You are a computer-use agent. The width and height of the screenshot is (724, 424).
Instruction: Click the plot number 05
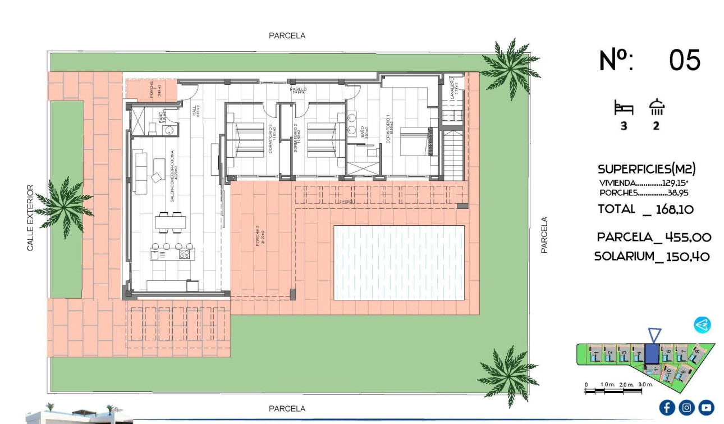tap(685, 60)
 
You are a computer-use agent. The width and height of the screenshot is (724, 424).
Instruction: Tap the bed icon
tap(624, 107)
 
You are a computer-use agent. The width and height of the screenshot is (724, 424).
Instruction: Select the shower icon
tap(656, 107)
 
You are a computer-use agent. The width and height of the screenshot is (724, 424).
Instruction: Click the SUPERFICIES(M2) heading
tap(647, 169)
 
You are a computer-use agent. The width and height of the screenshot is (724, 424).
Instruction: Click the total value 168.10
tap(675, 209)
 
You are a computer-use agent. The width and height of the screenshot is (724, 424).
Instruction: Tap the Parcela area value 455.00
tap(688, 237)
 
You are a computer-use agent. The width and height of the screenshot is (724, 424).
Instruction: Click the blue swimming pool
tap(398, 262)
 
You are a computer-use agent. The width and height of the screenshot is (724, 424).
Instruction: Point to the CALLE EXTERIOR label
tap(30, 218)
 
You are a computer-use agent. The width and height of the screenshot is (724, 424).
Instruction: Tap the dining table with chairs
tap(169, 222)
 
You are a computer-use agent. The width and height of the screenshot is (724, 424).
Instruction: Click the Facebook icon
tap(667, 407)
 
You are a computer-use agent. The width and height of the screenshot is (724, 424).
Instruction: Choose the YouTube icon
tap(707, 407)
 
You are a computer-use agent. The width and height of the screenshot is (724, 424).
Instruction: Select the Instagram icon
tap(686, 407)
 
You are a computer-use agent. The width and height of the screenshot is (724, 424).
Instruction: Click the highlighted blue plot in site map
tap(652, 354)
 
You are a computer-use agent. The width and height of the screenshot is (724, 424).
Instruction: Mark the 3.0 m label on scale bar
tap(645, 385)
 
